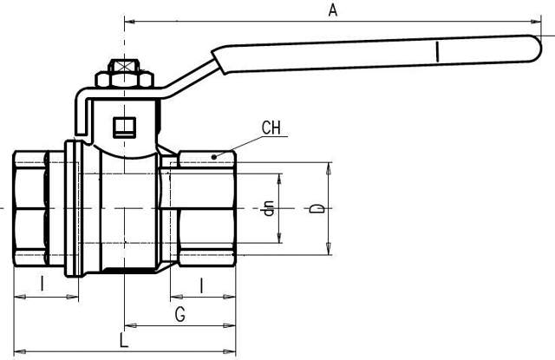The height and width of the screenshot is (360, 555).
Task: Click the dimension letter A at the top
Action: [x=331, y=10]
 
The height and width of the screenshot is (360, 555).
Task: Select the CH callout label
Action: [x=271, y=128]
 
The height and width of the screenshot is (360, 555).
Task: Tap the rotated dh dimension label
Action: [x=270, y=208]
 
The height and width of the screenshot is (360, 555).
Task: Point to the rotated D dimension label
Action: [x=318, y=209]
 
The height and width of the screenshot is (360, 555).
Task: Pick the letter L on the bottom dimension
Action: [x=124, y=341]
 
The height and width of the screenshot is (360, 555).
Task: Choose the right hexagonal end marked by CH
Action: [x=206, y=208]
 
